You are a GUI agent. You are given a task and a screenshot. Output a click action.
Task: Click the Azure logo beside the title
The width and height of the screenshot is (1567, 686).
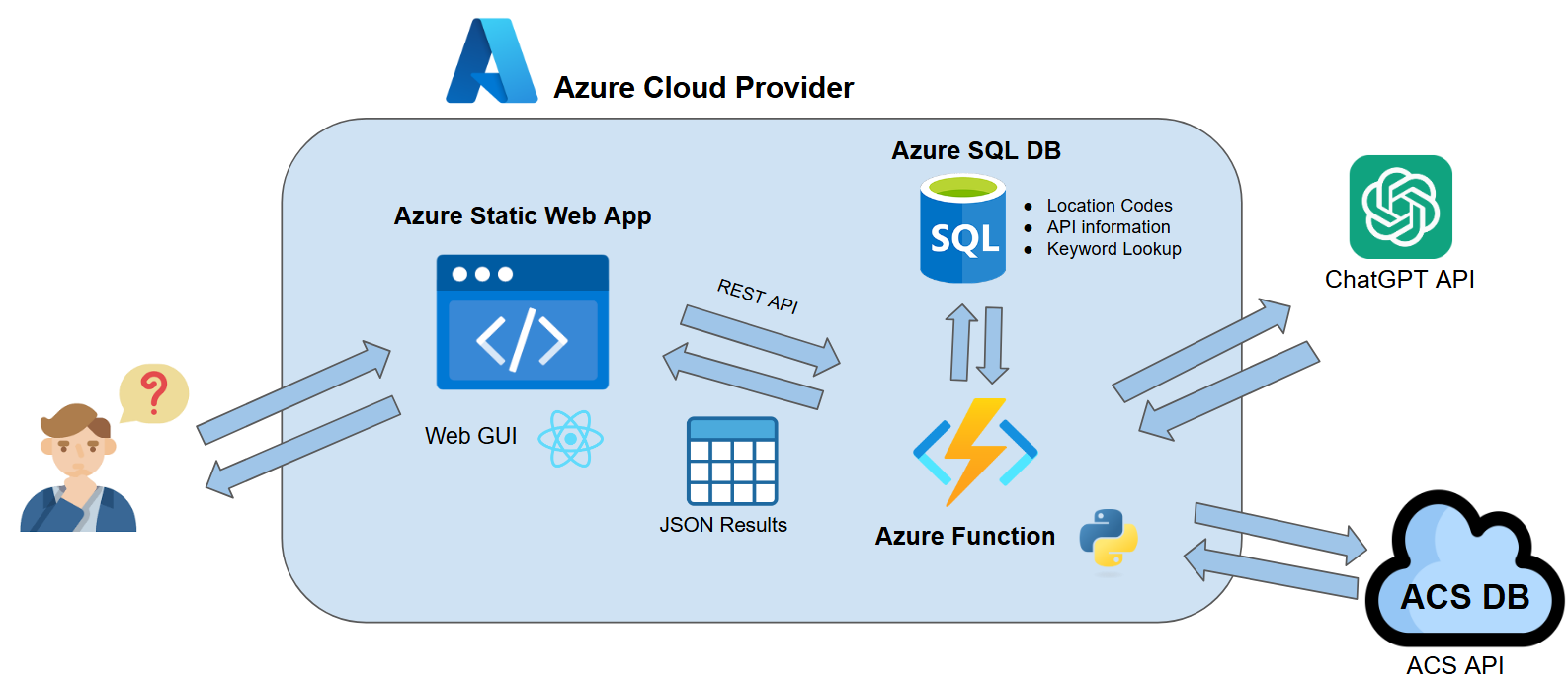point(491,62)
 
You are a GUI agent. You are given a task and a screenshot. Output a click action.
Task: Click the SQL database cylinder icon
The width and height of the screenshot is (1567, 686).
point(962,229)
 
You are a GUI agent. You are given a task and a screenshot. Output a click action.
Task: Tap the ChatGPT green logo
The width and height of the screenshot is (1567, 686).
point(1400,207)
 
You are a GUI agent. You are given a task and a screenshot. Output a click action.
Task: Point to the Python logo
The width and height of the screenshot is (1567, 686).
point(1108,539)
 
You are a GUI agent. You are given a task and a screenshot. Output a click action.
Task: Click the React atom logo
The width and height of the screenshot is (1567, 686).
point(570,439)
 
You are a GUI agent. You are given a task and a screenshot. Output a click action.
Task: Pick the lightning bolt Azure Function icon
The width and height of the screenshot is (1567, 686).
point(975,452)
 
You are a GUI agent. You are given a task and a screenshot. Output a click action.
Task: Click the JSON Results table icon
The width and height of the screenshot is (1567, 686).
point(732,461)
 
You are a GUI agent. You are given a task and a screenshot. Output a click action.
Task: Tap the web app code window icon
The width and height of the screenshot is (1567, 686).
point(522,322)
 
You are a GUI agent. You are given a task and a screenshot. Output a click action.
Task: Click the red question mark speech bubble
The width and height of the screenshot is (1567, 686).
point(153,392)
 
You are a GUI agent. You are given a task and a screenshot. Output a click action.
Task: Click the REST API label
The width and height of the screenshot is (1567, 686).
point(758,296)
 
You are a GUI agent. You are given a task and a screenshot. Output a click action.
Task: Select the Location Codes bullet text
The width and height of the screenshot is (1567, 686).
point(1109,206)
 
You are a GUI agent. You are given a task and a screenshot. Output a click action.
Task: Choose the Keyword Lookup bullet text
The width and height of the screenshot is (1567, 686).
point(1113,249)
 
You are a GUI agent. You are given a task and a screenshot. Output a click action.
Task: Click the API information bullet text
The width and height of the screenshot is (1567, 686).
point(1108,227)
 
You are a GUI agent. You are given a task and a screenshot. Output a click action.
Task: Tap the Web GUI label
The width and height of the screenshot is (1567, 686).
point(470,436)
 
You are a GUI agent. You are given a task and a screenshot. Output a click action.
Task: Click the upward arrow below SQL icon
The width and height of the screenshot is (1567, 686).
point(961,342)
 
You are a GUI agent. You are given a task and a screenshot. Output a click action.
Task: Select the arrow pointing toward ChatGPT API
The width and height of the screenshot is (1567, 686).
point(1201,351)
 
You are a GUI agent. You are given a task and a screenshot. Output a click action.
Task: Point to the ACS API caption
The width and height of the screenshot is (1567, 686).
point(1454,665)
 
